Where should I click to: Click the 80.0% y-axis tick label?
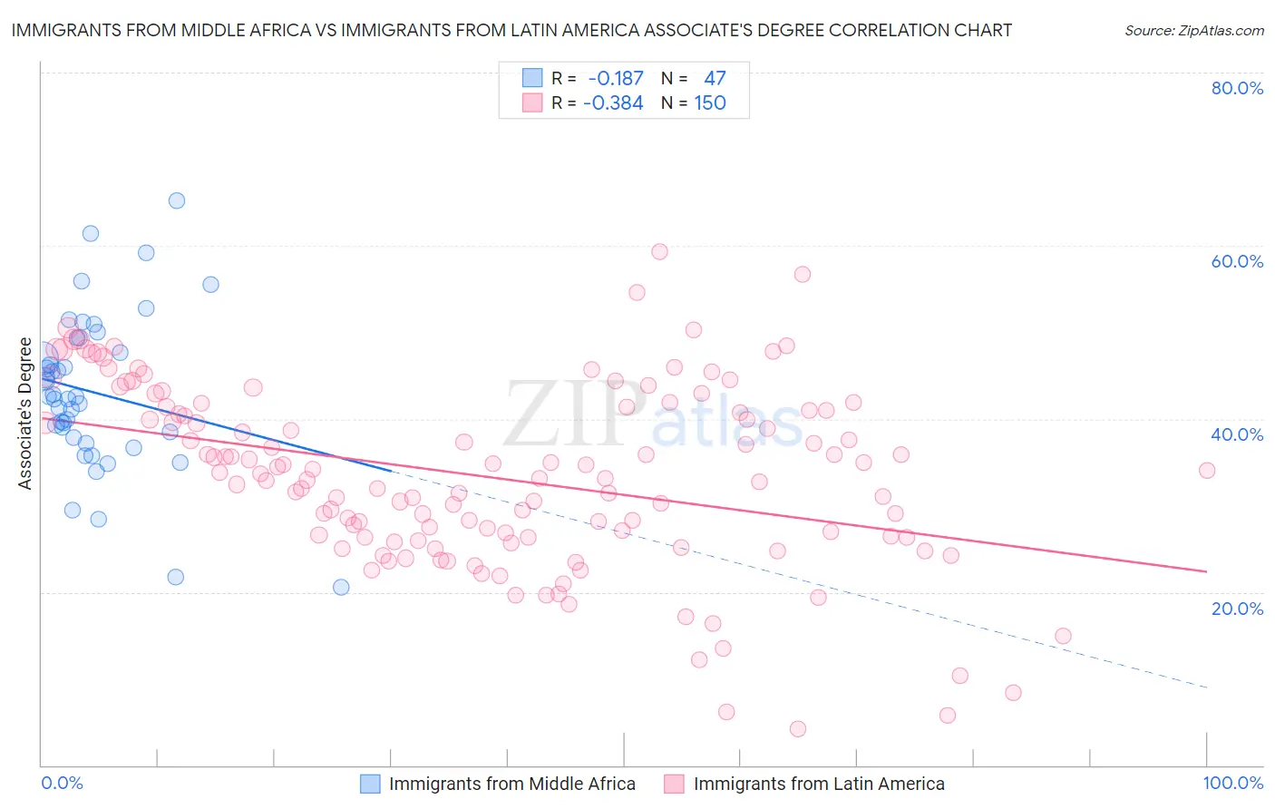coord(1237,88)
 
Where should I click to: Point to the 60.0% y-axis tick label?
coord(1237,261)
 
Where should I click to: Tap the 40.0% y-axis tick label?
coord(1237,434)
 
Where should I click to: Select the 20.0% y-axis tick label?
coord(1237,608)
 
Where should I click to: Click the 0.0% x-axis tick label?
coord(62,783)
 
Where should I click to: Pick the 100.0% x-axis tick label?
coord(1232,783)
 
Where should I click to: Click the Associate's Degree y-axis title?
coord(24,414)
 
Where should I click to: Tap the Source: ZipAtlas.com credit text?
coord(1193,31)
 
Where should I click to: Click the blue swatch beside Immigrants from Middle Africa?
coord(370,784)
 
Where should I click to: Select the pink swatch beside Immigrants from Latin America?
coord(674,784)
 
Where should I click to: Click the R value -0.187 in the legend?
coord(615,79)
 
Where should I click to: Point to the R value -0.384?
coord(613,103)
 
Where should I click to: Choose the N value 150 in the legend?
coord(710,103)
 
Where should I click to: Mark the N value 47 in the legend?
coord(715,79)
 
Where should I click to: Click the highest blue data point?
coord(177,200)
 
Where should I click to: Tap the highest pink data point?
coord(659,251)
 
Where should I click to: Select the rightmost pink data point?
coord(1206,470)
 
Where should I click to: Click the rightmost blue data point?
coord(341,587)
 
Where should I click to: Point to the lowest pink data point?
coord(798,728)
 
